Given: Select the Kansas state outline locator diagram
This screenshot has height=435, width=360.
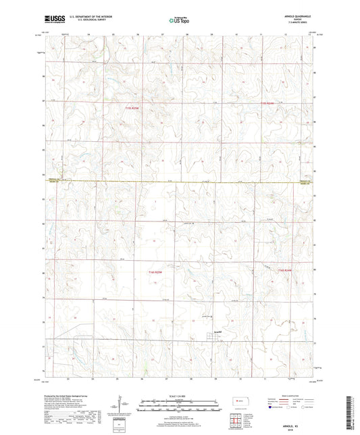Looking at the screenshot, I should (238, 402).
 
